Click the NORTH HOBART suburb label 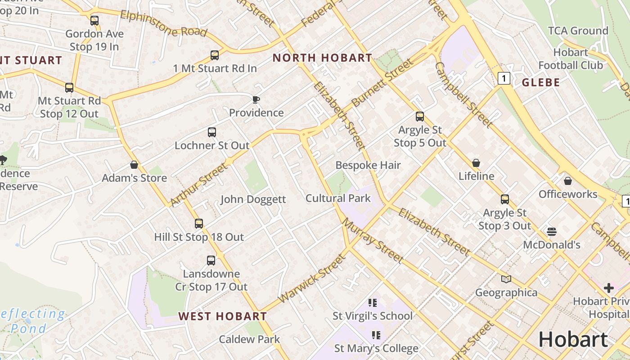[322, 58]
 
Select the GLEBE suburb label [540, 82]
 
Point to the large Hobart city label [573, 339]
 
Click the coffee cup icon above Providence [256, 99]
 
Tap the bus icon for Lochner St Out [211, 132]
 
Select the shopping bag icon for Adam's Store [134, 165]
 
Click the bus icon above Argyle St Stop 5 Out [419, 117]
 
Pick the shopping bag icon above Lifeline [476, 163]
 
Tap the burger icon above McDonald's [552, 232]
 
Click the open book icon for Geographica [506, 279]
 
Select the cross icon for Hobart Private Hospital [608, 288]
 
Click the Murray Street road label [372, 241]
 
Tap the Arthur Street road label [199, 185]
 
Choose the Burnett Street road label [382, 83]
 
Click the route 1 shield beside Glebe [504, 79]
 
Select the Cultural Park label [338, 198]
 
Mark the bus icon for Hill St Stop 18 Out [198, 224]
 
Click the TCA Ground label [578, 31]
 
